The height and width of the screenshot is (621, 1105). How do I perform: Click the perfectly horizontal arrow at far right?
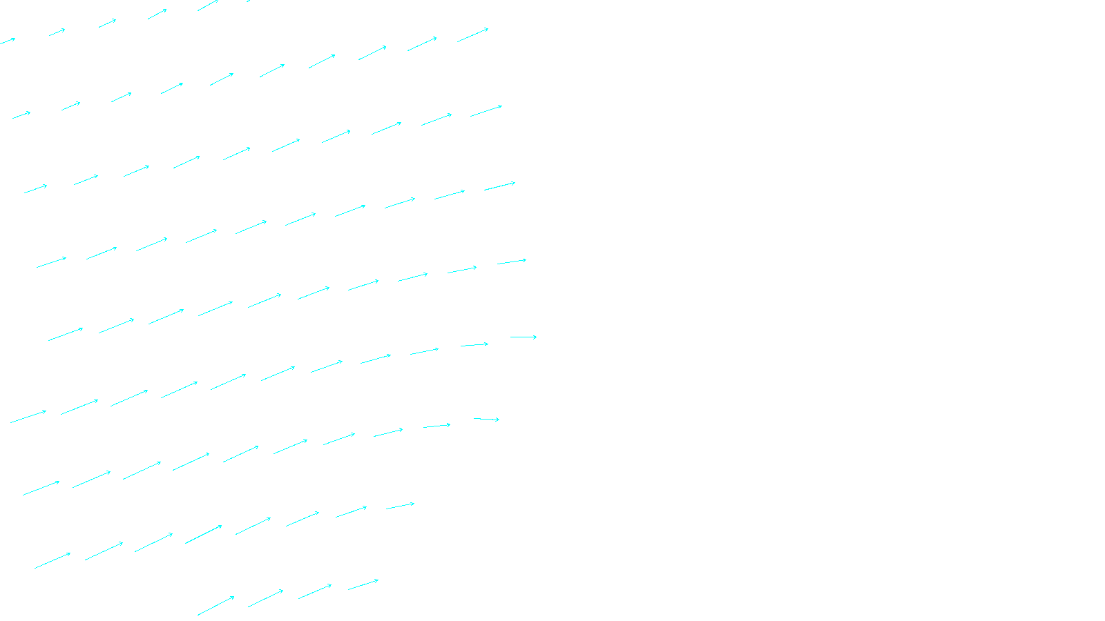523,337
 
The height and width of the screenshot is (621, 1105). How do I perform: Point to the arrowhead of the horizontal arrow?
536,337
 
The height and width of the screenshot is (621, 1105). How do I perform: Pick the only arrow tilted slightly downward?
486,419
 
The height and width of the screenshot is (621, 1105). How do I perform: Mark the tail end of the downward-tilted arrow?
474,418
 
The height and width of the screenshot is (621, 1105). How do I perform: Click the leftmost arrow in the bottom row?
215,606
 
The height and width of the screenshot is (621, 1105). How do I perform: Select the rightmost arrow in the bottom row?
363,585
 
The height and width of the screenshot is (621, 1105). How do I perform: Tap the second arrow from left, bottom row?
265,598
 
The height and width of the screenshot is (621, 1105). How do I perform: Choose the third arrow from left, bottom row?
315,591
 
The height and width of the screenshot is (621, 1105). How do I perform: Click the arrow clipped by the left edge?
7,41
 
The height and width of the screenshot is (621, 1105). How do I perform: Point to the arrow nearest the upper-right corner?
472,35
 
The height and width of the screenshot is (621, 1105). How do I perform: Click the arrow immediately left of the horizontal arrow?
474,344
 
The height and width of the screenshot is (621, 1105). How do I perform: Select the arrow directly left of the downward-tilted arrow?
436,426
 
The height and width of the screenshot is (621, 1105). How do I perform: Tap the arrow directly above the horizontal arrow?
512,262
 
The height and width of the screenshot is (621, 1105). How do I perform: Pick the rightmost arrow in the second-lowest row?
400,506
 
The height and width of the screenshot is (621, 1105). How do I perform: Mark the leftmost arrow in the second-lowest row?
52,560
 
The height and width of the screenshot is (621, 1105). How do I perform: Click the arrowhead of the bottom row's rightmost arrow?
378,580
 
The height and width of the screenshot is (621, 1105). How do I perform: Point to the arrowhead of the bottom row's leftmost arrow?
233,597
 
